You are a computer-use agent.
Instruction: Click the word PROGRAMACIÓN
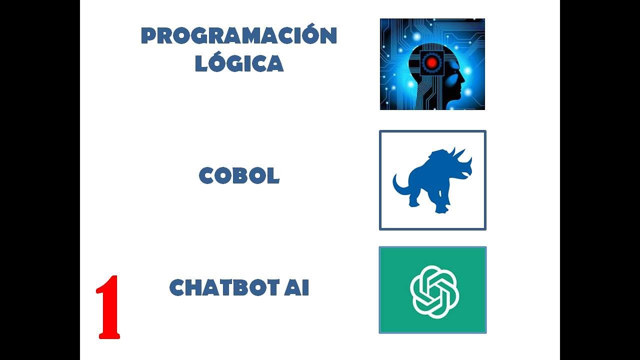tap(239, 36)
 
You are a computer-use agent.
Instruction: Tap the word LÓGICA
tap(239, 63)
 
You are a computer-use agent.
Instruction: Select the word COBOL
tap(239, 176)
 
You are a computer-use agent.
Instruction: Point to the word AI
tap(296, 288)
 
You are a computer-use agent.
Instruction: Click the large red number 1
tap(108, 307)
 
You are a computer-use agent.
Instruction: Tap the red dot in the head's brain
tap(430, 63)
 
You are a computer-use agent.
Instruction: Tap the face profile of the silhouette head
tap(458, 80)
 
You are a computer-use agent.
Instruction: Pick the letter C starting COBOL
tap(207, 176)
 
